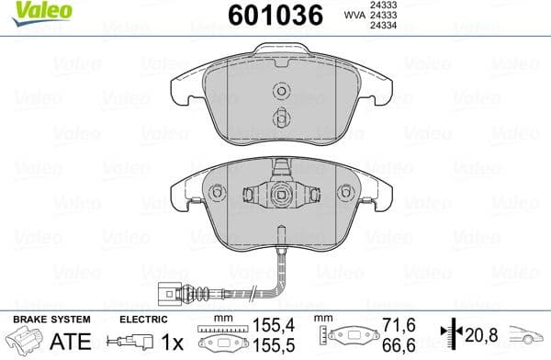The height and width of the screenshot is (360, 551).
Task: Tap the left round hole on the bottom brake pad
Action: point(218,193)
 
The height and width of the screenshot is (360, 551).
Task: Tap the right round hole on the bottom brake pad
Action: point(346,193)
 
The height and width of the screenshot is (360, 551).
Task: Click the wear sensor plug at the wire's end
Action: point(170,294)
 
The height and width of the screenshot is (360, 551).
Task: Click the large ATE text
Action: point(48,341)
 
